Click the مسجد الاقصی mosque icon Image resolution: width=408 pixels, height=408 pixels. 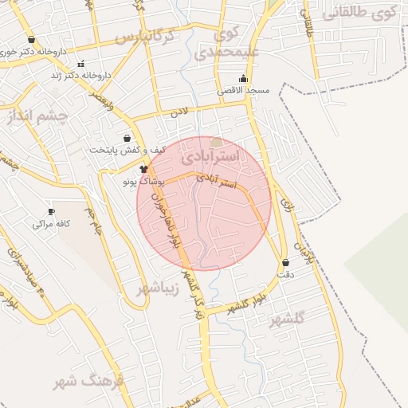point(243,79)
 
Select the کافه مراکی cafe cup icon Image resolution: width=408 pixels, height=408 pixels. point(52,211)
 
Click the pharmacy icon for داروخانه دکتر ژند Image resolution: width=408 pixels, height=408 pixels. point(80,64)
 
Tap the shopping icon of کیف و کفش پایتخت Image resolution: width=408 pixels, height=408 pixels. point(127,139)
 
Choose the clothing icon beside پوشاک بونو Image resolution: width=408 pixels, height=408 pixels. point(144,169)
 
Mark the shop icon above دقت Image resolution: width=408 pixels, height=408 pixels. point(285,262)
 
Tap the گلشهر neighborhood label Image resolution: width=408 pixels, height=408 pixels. point(287,320)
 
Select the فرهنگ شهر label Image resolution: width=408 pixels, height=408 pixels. point(89,382)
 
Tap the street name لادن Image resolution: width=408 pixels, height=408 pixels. point(180,113)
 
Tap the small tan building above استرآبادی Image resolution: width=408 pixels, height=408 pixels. point(216,142)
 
